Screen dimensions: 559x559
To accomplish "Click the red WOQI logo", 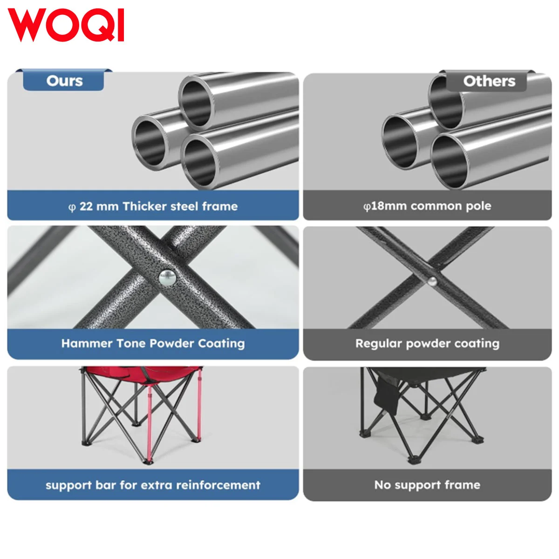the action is coord(66,25).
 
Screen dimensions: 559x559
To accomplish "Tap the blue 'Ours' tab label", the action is coord(64,81).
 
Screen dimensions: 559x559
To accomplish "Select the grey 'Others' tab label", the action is coord(489,81).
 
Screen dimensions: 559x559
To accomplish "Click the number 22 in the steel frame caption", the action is coord(86,206).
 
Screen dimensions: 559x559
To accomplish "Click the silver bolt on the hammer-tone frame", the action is coord(168,278).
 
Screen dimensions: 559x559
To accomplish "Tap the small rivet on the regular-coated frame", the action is coord(432,280).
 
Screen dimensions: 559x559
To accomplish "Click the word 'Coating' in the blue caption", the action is coord(221,344).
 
